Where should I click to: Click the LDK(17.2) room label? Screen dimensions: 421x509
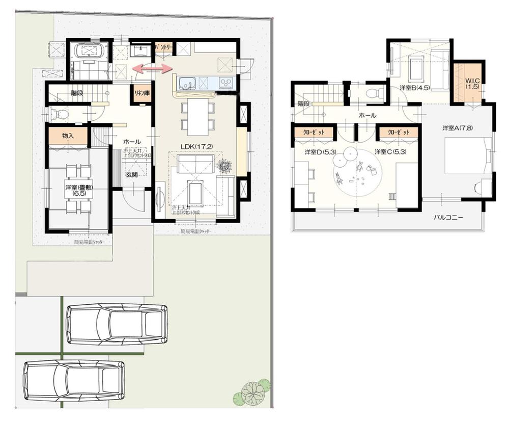click(x=196, y=146)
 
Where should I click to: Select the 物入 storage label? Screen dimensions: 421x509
click(x=68, y=136)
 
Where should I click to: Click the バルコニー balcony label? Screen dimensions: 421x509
click(x=448, y=217)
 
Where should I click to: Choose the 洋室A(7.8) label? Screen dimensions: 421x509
click(x=458, y=128)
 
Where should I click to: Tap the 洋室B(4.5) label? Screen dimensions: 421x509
click(x=415, y=87)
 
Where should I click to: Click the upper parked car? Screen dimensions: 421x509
click(x=117, y=325)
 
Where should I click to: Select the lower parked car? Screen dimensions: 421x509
click(x=74, y=381)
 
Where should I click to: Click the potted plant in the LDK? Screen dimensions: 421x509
click(x=222, y=166)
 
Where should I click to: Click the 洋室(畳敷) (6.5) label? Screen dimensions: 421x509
click(x=78, y=191)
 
